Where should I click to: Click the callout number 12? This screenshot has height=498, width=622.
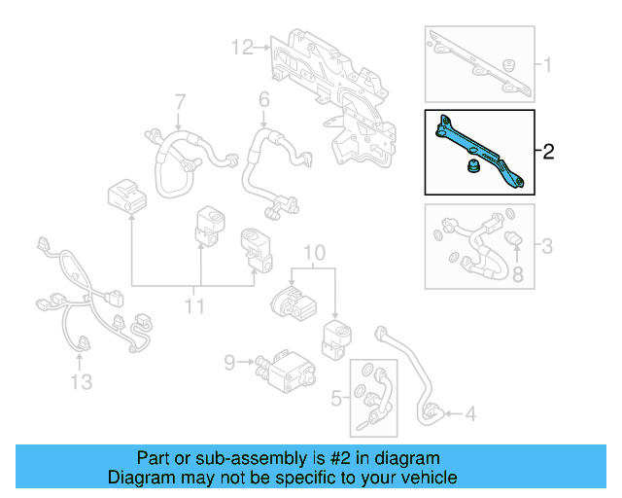tap(242, 46)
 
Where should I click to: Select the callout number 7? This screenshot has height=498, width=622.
tap(179, 102)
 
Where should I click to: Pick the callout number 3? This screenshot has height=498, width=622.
tap(547, 246)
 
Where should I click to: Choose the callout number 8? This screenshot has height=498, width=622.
tap(517, 276)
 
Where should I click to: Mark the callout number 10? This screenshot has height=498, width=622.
tap(314, 256)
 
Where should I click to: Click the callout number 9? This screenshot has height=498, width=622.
tap(229, 363)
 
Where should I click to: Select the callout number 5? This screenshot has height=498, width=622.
tap(336, 398)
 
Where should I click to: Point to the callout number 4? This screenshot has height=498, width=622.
tap(469, 415)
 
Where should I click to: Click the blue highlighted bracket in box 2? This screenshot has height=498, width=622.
tap(481, 151)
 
